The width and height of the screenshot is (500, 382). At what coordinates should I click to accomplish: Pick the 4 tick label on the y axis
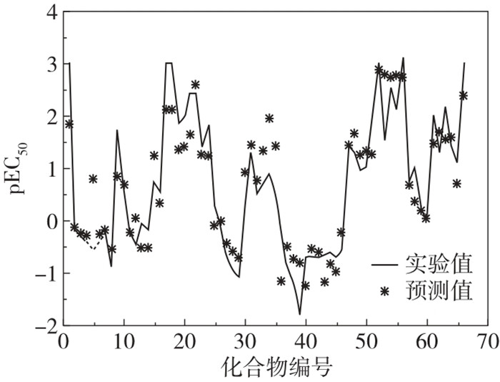click(x=51, y=12)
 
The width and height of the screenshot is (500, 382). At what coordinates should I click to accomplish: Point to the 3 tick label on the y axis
click(x=51, y=64)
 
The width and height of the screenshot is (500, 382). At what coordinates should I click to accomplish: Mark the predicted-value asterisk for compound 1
click(x=69, y=124)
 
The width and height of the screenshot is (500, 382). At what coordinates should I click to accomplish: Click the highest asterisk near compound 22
click(x=196, y=84)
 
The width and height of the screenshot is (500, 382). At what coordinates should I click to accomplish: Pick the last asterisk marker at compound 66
click(x=463, y=95)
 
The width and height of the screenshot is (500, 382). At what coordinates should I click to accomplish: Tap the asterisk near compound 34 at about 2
click(x=269, y=118)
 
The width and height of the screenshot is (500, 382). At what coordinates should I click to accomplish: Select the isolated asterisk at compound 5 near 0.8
click(x=94, y=178)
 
